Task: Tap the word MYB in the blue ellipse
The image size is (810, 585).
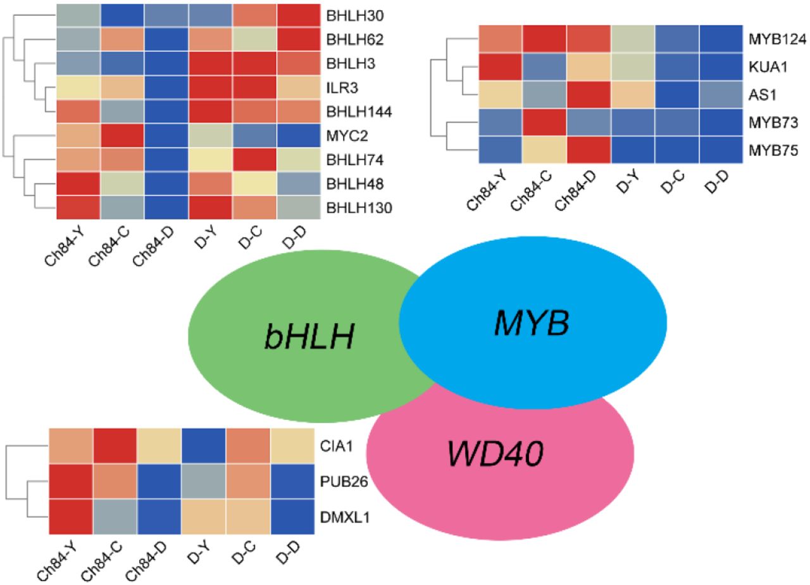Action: click(x=533, y=323)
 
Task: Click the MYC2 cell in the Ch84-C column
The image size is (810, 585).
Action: click(x=122, y=133)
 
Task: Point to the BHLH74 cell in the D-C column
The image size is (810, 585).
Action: click(x=254, y=158)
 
